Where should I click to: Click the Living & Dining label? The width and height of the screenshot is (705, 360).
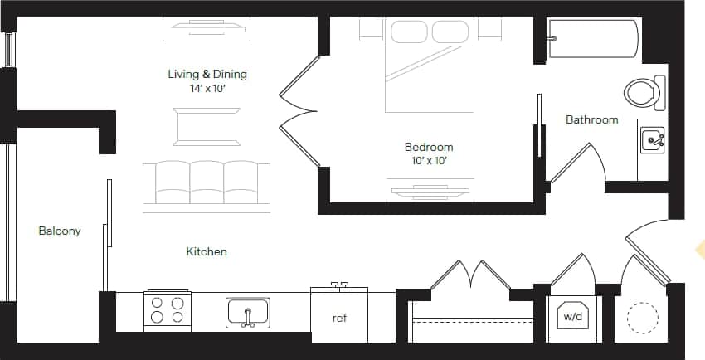tap(207, 74)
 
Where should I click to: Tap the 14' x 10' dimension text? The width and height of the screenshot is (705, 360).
tap(207, 87)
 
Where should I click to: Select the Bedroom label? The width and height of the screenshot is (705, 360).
tap(429, 147)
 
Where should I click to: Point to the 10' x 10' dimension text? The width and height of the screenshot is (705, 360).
tap(429, 160)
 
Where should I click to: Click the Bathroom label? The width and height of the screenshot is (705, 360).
tap(591, 119)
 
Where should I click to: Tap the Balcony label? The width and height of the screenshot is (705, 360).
tap(60, 231)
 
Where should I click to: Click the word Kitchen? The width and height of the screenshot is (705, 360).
tap(207, 251)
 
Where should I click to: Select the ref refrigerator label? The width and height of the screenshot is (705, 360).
tap(339, 318)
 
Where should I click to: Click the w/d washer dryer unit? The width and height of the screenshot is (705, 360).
tap(572, 315)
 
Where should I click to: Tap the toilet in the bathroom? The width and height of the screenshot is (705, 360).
tap(645, 91)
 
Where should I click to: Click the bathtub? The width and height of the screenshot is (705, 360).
tap(592, 39)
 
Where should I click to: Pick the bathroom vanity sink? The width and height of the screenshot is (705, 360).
tap(651, 141)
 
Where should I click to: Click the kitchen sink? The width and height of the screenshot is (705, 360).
tap(247, 313)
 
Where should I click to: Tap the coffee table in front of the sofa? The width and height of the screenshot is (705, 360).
tap(207, 126)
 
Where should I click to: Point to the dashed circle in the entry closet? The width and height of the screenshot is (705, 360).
tap(642, 316)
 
